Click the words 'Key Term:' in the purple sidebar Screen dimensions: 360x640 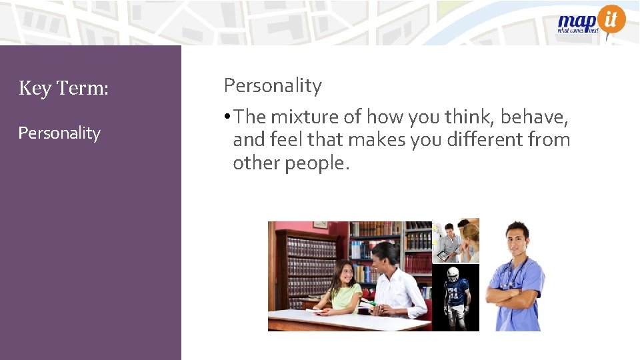tap(63, 87)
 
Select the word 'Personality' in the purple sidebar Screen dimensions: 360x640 tap(59, 133)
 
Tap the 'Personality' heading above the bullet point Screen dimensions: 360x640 tap(273, 85)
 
